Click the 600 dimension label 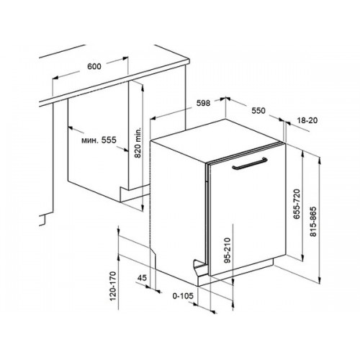tap(94, 66)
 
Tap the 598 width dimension tap(203, 103)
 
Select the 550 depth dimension tap(258, 111)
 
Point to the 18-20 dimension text tap(307, 120)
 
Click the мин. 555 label tap(99, 140)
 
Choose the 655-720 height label tap(297, 204)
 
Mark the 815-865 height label tap(313, 222)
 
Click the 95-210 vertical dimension tap(227, 251)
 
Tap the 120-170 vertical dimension tap(113, 286)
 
